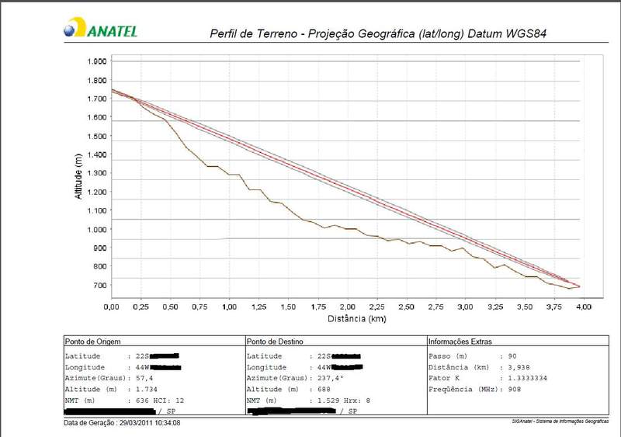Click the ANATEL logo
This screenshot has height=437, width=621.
pyautogui.click(x=101, y=29)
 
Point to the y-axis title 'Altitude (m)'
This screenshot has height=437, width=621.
pyautogui.click(x=78, y=176)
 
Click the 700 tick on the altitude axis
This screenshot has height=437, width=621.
pyautogui.click(x=99, y=286)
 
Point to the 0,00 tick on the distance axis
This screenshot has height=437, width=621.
pyautogui.click(x=112, y=307)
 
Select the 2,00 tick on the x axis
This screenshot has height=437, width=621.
pyautogui.click(x=347, y=307)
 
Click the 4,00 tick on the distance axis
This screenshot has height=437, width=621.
pyautogui.click(x=583, y=307)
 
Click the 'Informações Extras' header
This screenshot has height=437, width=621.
pyautogui.click(x=460, y=341)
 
